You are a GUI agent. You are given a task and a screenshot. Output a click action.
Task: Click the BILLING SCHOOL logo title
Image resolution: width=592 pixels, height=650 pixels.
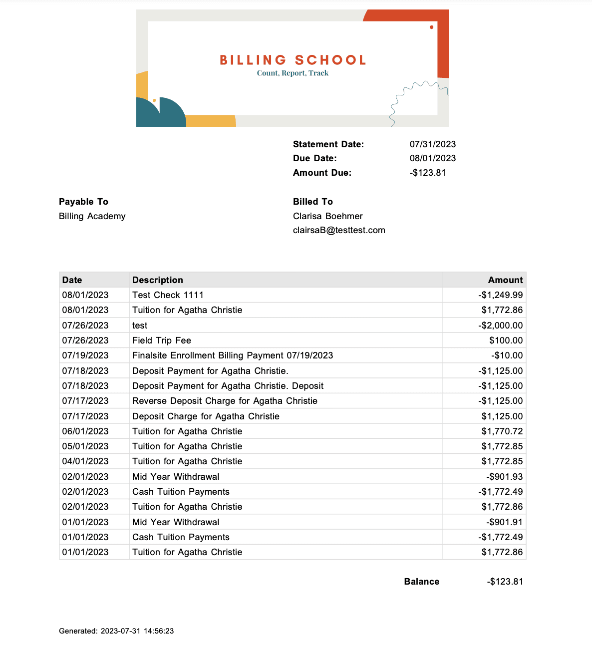tap(293, 60)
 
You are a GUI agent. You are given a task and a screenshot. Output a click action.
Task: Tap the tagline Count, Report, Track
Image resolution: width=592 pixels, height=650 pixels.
tap(293, 73)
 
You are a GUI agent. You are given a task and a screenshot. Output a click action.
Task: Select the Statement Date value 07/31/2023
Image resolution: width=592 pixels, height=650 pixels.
tap(433, 144)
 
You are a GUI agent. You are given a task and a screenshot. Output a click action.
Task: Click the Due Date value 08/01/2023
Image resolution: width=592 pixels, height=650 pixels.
tap(433, 158)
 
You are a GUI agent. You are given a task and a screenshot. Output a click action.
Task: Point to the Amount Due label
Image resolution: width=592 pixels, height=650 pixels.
tap(322, 173)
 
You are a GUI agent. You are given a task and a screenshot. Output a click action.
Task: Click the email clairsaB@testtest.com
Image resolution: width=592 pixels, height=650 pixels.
tap(339, 230)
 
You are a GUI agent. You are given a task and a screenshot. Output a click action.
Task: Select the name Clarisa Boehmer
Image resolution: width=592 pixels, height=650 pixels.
tap(327, 216)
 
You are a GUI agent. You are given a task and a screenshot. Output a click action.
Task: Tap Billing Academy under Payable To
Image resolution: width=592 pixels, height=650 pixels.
tap(92, 216)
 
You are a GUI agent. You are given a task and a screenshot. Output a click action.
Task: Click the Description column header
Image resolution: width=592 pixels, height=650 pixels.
tap(157, 280)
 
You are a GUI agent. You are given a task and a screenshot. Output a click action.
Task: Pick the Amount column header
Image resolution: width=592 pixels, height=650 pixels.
tap(505, 280)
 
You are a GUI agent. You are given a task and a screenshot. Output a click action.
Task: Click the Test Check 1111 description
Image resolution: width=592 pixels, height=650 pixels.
tap(168, 295)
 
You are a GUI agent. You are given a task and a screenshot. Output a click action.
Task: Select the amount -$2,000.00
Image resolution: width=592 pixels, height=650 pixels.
tap(501, 325)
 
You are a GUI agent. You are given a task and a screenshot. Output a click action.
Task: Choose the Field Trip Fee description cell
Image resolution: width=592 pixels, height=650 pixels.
tap(162, 340)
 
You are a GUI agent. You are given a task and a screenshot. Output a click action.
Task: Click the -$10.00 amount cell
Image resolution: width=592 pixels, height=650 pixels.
tap(507, 355)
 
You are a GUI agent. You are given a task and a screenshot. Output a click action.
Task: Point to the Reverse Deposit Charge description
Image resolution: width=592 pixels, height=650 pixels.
tap(225, 401)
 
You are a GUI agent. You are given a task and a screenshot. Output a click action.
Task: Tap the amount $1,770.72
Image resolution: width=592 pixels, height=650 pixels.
tap(502, 431)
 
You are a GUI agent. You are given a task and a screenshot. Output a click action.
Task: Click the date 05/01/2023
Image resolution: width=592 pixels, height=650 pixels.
tap(85, 446)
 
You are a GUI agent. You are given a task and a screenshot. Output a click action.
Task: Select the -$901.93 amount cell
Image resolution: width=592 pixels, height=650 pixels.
tap(505, 477)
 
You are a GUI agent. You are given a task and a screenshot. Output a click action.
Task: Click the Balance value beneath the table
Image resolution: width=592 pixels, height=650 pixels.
tap(505, 582)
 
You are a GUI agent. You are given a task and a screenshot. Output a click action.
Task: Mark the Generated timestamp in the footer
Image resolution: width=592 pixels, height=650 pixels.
tap(116, 631)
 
